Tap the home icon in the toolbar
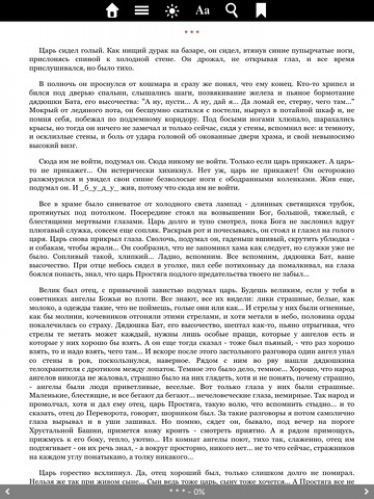pyautogui.click(x=113, y=10)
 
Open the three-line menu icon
pyautogui.click(x=142, y=10)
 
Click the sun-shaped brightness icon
pyautogui.click(x=172, y=10)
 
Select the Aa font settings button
pyautogui.click(x=202, y=10)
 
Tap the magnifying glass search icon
pyautogui.click(x=231, y=10)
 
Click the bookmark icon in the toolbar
pyautogui.click(x=261, y=10)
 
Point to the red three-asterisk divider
pyautogui.click(x=191, y=32)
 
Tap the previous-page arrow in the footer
pyautogui.click(x=7, y=492)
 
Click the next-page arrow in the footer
pyautogui.click(x=367, y=492)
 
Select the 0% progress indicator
pyautogui.click(x=199, y=492)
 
